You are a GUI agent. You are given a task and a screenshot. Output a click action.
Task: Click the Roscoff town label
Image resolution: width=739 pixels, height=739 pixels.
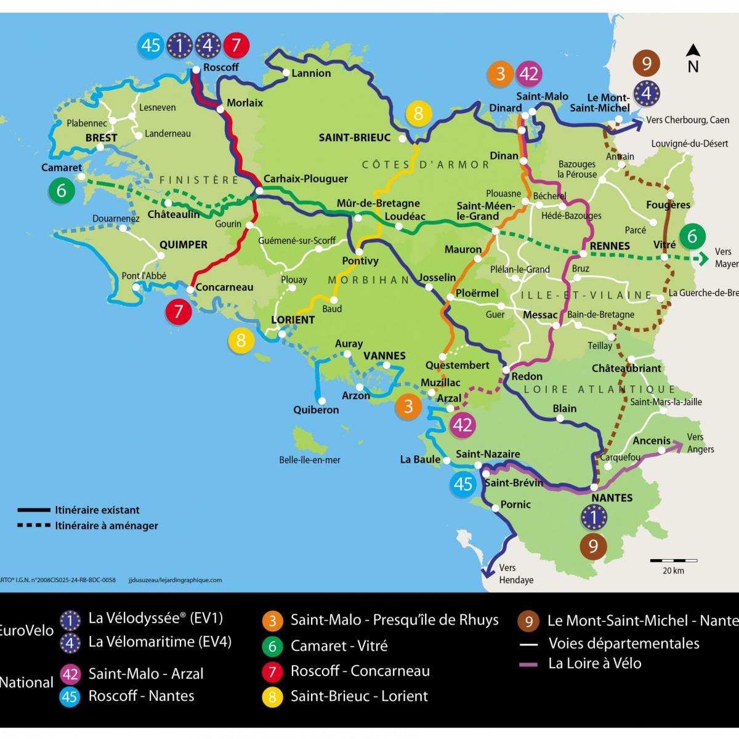point(220,67)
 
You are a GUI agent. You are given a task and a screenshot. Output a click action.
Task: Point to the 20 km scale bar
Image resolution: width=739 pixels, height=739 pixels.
point(674,561)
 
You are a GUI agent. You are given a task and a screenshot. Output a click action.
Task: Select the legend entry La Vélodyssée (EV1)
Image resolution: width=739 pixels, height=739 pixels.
point(155,618)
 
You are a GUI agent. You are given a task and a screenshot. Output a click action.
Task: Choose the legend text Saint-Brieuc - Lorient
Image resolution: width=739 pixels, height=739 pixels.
point(359,697)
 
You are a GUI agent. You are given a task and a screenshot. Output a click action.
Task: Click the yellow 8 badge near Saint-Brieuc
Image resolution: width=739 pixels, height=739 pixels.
point(419,113)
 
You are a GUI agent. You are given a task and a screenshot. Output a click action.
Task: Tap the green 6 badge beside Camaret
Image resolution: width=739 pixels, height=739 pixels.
point(61,191)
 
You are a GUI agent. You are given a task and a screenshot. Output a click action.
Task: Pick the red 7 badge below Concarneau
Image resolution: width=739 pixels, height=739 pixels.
point(179,311)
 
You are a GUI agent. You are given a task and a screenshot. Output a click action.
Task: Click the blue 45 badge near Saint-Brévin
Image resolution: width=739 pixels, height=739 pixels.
point(463,483)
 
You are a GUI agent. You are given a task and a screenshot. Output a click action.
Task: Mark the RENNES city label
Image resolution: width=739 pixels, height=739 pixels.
point(610,246)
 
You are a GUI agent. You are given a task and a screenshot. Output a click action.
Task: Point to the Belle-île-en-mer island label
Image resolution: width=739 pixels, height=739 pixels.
point(310,459)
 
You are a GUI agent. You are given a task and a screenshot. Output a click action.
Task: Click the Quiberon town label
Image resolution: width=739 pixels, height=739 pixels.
point(316,410)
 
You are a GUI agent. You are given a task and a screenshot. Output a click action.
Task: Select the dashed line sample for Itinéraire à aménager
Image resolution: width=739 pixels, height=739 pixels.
point(34,526)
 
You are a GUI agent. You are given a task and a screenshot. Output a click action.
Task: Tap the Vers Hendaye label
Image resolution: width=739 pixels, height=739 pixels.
point(515,574)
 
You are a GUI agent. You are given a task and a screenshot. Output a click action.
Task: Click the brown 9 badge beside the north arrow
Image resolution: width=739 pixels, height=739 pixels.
point(646,63)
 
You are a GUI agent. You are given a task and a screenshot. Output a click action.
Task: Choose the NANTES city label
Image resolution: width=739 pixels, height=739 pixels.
point(612,498)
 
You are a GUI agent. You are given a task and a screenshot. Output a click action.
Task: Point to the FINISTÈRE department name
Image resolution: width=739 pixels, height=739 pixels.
point(199,180)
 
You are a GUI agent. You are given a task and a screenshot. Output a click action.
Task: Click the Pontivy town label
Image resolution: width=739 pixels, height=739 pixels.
point(360,260)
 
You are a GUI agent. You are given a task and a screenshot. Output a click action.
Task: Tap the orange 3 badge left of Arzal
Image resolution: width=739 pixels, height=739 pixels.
point(408,407)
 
